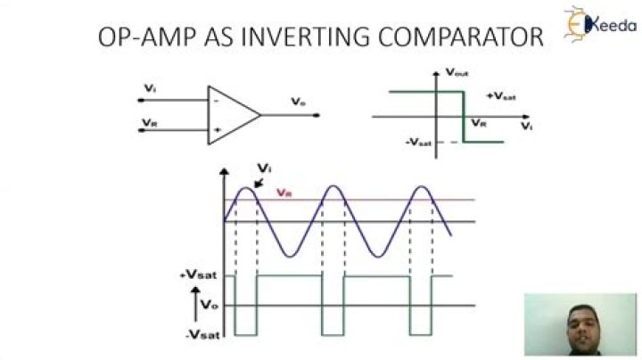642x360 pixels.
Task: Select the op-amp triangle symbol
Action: [x=230, y=114]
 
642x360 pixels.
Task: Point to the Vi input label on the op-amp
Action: [x=148, y=88]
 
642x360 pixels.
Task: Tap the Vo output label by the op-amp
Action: [x=298, y=103]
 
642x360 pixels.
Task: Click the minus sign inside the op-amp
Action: [x=216, y=101]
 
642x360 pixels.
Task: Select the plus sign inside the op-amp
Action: [x=216, y=130]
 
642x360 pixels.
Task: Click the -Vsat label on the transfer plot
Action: [x=418, y=142]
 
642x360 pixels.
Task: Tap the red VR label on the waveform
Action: [x=284, y=192]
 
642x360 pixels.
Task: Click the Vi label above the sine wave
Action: [x=263, y=167]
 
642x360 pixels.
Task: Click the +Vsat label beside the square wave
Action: [x=194, y=277]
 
